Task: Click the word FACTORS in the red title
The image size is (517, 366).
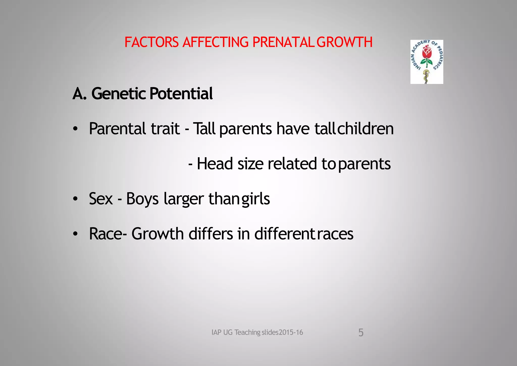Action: [x=151, y=42]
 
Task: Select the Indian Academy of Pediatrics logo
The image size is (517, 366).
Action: [x=427, y=62]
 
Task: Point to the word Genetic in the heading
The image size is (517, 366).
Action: [x=118, y=94]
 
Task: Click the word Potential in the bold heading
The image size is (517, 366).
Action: [x=181, y=94]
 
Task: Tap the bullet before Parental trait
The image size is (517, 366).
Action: [x=75, y=129]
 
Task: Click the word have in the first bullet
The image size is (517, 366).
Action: [x=293, y=129]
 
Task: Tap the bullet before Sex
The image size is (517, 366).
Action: [x=75, y=199]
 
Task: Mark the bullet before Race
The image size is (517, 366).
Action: [x=75, y=234]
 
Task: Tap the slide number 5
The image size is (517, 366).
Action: [x=361, y=333]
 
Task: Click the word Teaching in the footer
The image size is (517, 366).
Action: [x=247, y=332]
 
